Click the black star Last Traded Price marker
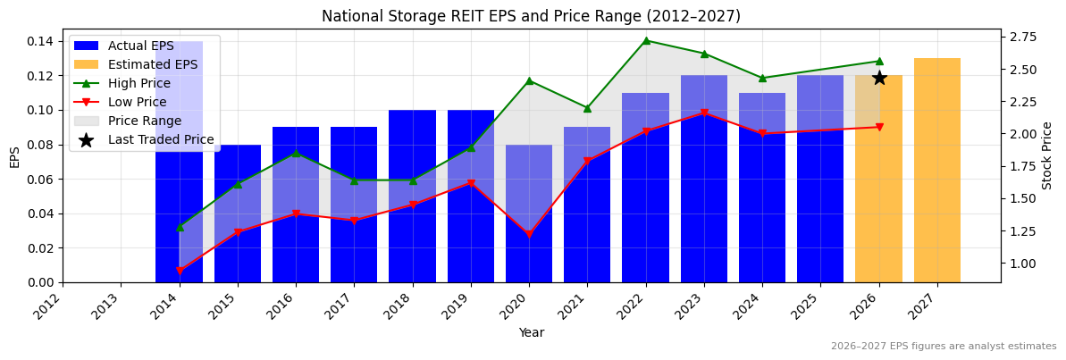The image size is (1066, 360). point(879,78)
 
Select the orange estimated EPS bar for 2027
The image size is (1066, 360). point(937,170)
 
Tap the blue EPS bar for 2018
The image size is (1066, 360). point(413,197)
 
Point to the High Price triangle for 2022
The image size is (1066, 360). point(646,40)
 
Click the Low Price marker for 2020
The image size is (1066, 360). point(529,235)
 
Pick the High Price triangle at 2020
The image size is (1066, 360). point(529,81)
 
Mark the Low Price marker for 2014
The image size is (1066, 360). point(180,271)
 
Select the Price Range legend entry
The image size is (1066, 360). point(144,121)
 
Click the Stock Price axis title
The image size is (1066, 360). point(1047,155)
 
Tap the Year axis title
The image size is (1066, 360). point(532,332)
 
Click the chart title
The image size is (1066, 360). point(531,16)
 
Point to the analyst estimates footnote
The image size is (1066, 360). point(944,347)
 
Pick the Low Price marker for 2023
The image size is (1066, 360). point(704,113)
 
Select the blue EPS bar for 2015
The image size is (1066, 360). point(238,214)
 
